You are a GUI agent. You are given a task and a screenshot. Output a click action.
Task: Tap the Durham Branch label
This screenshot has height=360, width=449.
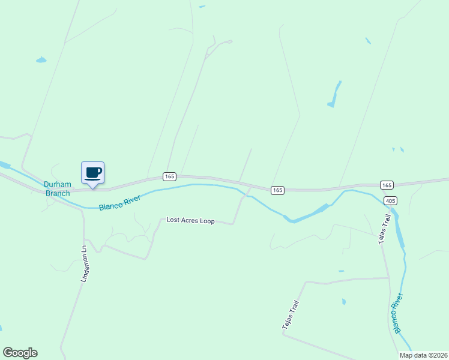pyautogui.click(x=57, y=188)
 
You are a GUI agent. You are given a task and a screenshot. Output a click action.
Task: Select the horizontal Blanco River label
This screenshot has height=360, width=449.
pyautogui.click(x=119, y=203)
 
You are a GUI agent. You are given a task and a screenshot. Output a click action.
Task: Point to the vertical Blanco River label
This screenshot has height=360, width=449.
pyautogui.click(x=398, y=313)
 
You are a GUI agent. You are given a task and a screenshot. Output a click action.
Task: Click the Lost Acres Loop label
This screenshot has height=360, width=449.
pyautogui.click(x=190, y=221)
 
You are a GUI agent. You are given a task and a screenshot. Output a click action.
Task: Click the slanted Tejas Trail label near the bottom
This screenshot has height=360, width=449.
pyautogui.click(x=290, y=314)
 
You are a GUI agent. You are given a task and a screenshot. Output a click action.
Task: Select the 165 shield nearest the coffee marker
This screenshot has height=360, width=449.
pyautogui.click(x=169, y=176)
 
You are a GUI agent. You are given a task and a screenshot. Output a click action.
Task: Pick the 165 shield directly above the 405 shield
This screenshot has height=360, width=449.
pyautogui.click(x=387, y=185)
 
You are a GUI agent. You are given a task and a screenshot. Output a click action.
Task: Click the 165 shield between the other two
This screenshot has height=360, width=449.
pyautogui.click(x=277, y=190)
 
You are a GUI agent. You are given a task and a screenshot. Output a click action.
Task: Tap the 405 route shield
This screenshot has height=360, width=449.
pyautogui.click(x=390, y=200)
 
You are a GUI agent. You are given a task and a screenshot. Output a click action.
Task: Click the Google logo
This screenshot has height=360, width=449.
pyautogui.click(x=20, y=353)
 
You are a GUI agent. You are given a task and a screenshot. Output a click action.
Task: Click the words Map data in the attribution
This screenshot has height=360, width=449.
pyautogui.click(x=412, y=355)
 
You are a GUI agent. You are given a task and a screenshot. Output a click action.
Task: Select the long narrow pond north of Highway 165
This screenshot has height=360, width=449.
pyautogui.click(x=334, y=95)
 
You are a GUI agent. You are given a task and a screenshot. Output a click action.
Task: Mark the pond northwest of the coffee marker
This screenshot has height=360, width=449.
pyautogui.click(x=41, y=60)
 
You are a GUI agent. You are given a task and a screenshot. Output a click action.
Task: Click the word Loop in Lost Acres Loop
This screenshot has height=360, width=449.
pyautogui.click(x=207, y=221)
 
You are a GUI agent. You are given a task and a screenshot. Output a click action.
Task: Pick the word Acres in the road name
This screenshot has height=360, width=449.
pyautogui.click(x=190, y=221)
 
